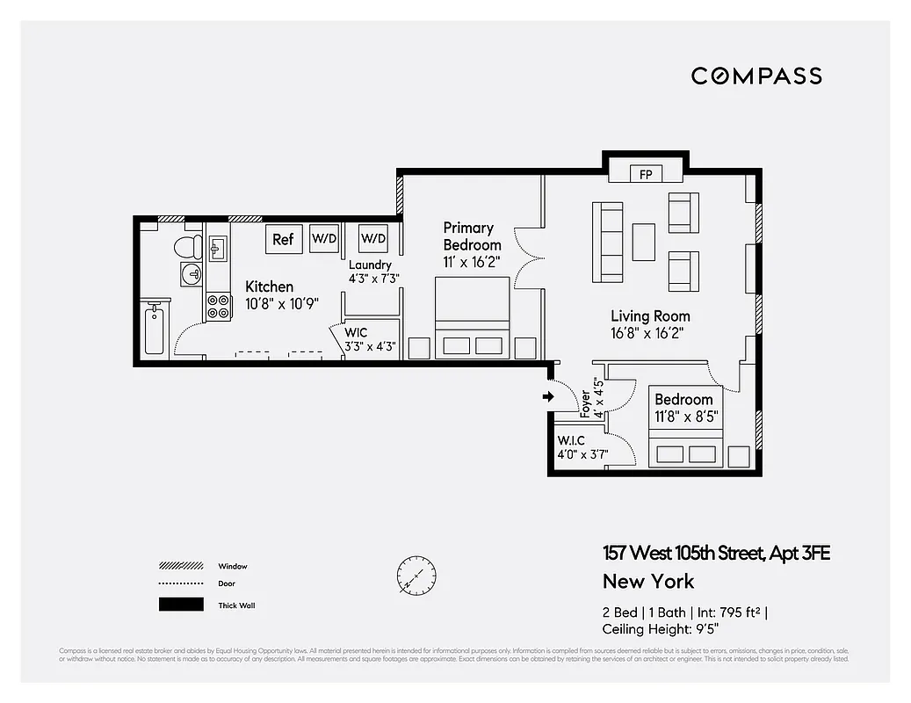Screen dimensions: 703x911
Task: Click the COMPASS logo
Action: pyautogui.click(x=756, y=76)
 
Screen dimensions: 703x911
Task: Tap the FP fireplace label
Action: pyautogui.click(x=646, y=173)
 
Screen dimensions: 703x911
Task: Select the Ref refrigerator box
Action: pyautogui.click(x=283, y=239)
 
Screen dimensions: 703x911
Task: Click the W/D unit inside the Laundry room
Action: pyautogui.click(x=373, y=238)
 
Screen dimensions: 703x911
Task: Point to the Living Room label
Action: pyautogui.click(x=650, y=315)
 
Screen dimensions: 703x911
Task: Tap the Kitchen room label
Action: pyautogui.click(x=269, y=286)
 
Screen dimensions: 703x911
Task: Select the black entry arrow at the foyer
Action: pyautogui.click(x=547, y=397)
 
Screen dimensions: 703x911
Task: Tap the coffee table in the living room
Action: pyautogui.click(x=643, y=242)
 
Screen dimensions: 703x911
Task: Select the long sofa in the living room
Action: pyautogui.click(x=609, y=242)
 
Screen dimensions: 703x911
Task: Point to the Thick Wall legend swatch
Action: pyautogui.click(x=181, y=605)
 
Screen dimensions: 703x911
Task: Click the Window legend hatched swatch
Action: pyautogui.click(x=181, y=566)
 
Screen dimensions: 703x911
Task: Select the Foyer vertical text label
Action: pyautogui.click(x=586, y=402)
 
